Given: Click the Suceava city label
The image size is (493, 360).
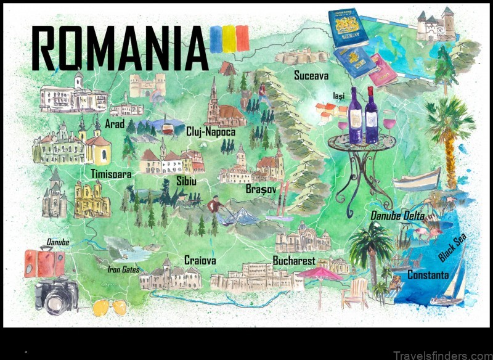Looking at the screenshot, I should pos(311,76).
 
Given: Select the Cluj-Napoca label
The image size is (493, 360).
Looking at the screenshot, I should pos(210,131).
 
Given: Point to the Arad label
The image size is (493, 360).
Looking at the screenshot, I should pos(115,125).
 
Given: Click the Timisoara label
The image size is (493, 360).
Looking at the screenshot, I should pos(110,174).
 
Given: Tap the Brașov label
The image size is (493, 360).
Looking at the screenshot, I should pos(260,188).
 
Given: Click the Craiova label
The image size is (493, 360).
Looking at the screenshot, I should pos(200,261).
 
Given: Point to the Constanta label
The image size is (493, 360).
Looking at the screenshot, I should pos(428,275).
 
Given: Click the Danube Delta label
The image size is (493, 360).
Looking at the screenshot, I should pos(397,216).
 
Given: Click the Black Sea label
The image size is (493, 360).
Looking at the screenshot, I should pos(452,248).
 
